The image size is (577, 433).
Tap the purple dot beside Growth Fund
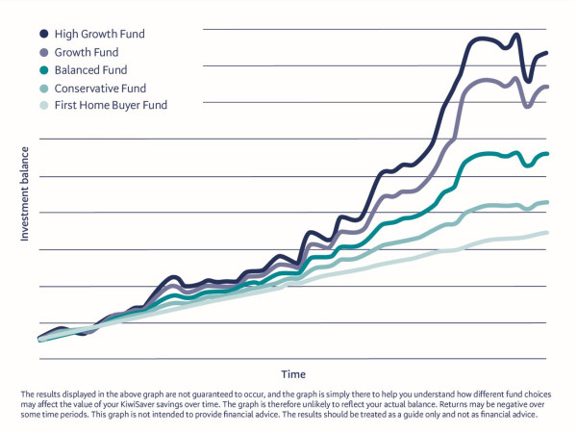44,52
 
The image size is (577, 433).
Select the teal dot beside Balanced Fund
44,70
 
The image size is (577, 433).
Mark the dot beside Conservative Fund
44,88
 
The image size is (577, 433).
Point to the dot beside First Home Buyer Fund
44,105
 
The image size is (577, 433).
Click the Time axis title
292,373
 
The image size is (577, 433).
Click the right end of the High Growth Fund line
547,53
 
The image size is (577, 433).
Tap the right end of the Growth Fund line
547,87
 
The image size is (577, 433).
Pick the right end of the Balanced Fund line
547,154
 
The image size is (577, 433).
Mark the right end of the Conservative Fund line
547,202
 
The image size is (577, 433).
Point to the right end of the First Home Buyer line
547,233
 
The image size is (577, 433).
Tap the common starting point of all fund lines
39,339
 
